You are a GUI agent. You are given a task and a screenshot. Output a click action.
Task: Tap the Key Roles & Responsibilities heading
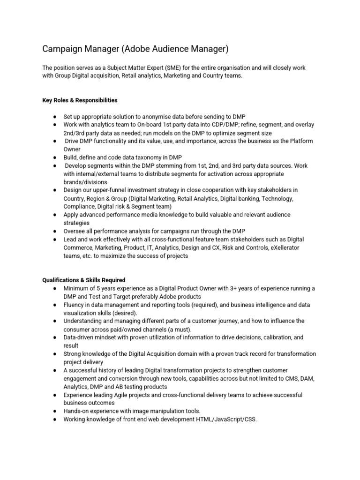pyautogui.click(x=80, y=100)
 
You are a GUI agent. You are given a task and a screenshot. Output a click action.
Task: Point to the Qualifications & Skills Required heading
pyautogui.click(x=83, y=280)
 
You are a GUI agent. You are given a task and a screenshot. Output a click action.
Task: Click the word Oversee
pyautogui.click(x=75, y=231)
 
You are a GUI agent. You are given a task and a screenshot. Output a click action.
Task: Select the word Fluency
pyautogui.click(x=75, y=305)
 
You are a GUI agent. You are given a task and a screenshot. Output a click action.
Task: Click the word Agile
pyautogui.click(x=119, y=395)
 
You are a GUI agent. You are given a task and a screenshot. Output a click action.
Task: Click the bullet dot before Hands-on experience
pyautogui.click(x=55, y=411)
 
